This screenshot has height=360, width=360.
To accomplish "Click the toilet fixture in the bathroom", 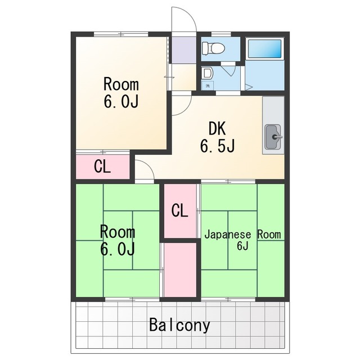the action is (213, 48).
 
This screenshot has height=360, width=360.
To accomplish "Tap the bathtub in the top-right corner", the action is (265, 49).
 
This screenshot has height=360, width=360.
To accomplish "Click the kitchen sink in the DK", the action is (273, 137).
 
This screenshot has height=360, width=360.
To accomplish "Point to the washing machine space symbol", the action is (208, 86).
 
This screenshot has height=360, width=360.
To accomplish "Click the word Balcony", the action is (179, 325).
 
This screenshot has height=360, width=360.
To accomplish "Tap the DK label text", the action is (217, 129).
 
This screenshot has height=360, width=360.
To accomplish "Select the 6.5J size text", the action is (217, 146).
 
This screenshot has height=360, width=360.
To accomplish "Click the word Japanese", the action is (228, 235).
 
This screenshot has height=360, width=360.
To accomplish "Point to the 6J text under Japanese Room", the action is (242, 246).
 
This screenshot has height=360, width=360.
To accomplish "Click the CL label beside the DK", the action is (102, 166).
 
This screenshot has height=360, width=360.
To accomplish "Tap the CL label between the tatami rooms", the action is (180, 210).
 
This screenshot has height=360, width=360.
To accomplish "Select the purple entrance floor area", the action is (184, 50).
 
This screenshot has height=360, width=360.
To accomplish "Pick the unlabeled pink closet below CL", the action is (180, 270).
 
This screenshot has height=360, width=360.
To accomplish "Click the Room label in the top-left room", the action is (121, 84).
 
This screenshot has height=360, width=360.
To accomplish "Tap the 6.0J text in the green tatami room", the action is (118, 249).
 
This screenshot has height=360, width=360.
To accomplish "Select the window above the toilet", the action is (221, 34).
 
